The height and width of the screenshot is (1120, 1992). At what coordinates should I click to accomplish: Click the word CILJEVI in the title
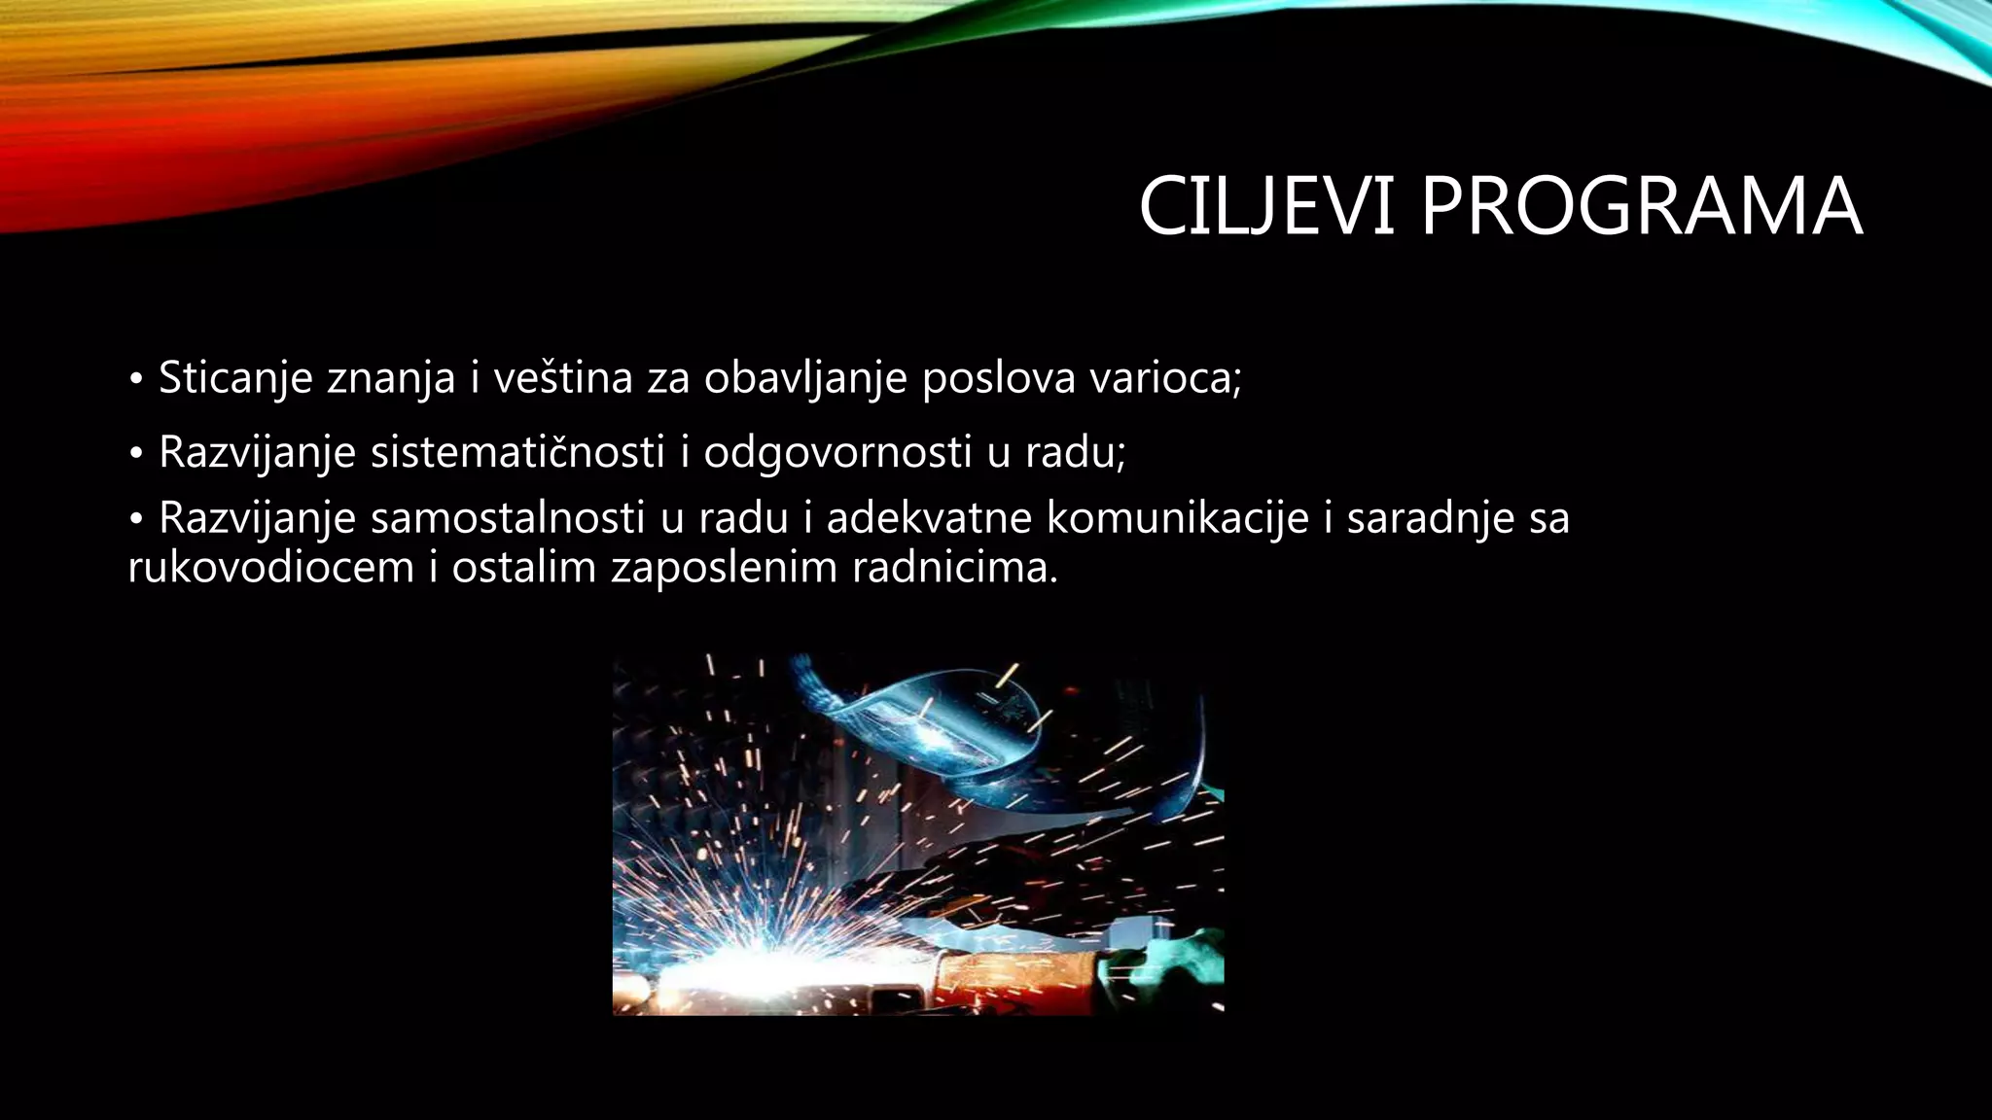coord(1266,207)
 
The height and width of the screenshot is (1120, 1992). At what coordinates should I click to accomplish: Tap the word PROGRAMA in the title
coord(1641,207)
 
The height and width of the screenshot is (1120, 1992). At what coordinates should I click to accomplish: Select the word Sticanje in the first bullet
coord(234,378)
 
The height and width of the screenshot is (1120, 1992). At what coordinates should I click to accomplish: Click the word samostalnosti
coord(508,517)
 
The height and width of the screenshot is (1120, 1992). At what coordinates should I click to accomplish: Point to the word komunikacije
coord(1177,517)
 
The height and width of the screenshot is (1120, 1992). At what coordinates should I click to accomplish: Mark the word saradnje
coord(1430,517)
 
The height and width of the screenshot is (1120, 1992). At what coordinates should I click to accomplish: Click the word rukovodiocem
coord(271,568)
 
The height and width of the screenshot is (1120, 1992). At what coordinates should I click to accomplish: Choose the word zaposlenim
coord(724,568)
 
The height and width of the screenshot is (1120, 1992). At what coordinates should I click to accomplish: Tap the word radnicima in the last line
coord(953,568)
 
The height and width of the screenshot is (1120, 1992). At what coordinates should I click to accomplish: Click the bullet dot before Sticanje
coord(136,378)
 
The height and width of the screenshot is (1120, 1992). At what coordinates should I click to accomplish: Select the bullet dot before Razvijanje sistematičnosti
coord(136,453)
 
